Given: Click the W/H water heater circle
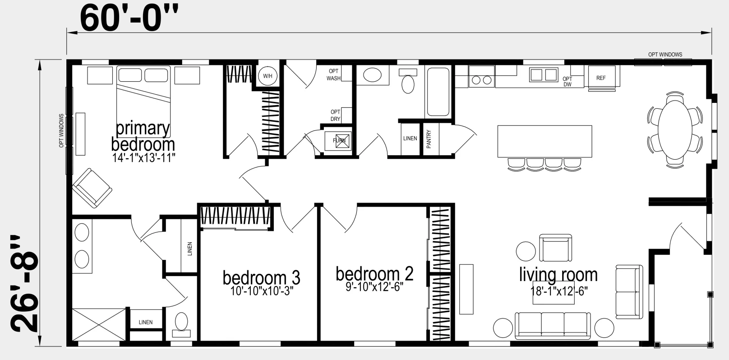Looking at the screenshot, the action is tap(268, 76).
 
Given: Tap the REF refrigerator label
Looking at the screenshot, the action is tap(601, 78).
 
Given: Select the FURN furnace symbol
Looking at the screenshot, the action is tap(338, 141).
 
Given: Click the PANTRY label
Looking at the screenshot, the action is tap(429, 139).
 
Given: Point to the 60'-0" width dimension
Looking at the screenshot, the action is tap(129, 19).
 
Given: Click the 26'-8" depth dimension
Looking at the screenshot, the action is tap(24, 283).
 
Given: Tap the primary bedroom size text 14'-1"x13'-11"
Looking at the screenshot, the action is tap(144, 158).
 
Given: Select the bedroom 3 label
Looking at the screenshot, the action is tap(261, 277).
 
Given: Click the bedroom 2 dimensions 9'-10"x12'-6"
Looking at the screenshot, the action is tap(374, 287).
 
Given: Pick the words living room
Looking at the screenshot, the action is tap(558, 274).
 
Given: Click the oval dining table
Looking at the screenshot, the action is tap(675, 130).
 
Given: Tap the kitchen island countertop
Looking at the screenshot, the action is tap(544, 141).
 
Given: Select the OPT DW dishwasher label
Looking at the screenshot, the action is tap(567, 82).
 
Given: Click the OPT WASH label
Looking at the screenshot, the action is tap(333, 75).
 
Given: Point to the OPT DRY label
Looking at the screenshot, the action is tap(335, 115).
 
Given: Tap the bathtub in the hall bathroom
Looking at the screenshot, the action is tap(438, 92).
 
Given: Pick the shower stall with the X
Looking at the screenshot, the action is tap(99, 325).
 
